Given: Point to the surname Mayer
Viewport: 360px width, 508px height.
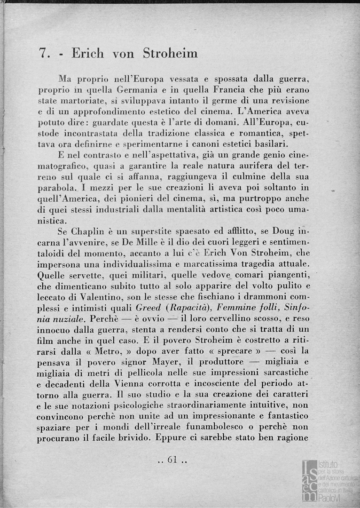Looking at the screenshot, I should [x=168, y=361].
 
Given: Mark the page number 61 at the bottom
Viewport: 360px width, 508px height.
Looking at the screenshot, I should [x=173, y=460].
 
